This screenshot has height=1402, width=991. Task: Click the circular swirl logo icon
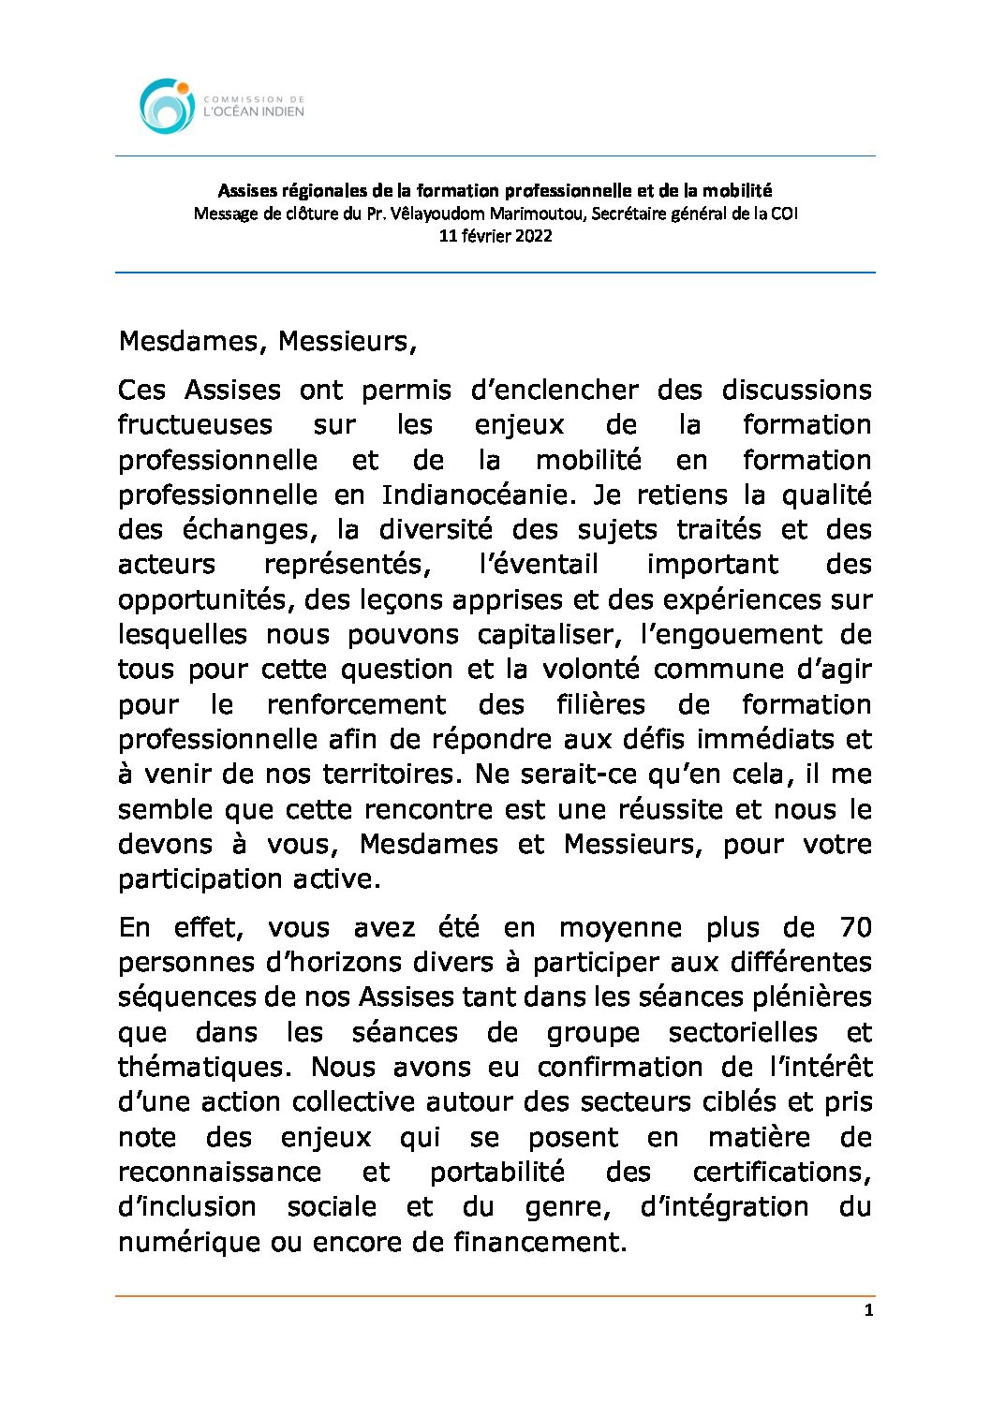(x=167, y=106)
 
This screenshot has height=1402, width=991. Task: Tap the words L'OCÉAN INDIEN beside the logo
(x=254, y=111)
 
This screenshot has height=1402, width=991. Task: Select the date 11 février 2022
(x=495, y=236)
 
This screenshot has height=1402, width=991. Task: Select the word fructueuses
(x=195, y=425)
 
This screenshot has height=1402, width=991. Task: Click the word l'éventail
(x=538, y=565)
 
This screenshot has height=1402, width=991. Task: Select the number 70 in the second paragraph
(x=855, y=928)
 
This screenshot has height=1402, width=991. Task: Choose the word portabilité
(x=497, y=1173)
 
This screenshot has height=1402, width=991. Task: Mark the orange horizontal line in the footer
(x=495, y=1296)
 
